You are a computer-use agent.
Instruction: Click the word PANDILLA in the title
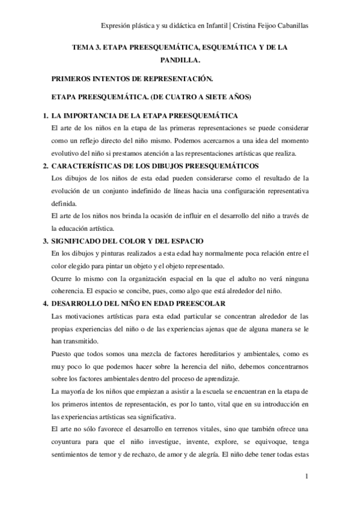point(178,61)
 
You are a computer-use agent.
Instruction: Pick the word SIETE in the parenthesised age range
point(213,97)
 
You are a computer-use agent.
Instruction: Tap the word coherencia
point(73,291)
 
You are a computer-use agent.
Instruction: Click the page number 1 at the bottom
point(307,478)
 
